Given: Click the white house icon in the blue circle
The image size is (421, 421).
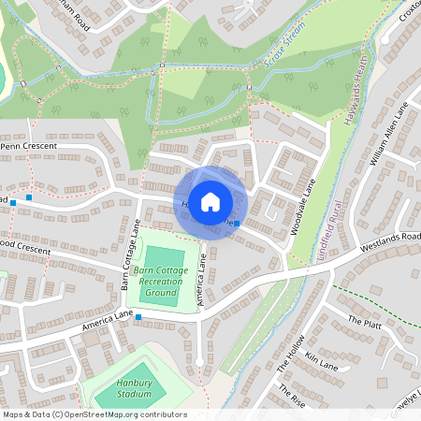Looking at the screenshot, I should [x=210, y=201].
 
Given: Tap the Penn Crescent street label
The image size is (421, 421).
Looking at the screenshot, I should [x=31, y=147].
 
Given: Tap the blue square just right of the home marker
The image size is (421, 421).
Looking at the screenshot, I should [x=238, y=225].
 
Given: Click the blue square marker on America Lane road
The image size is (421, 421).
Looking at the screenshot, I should [x=138, y=318].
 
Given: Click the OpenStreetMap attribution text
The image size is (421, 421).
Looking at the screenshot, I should [x=94, y=414].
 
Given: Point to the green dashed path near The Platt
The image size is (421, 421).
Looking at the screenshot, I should [x=374, y=301].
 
